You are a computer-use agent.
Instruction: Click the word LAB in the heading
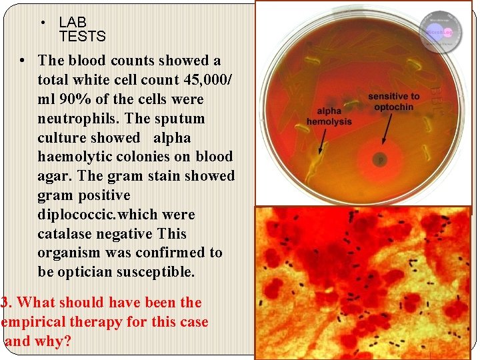[x=73, y=23]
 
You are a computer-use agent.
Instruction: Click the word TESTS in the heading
[x=82, y=36]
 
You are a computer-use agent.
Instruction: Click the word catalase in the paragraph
[x=65, y=234]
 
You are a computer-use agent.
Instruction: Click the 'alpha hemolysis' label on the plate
[x=329, y=117]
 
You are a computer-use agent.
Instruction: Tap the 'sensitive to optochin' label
[x=394, y=101]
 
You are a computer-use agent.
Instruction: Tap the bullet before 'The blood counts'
[x=22, y=61]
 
